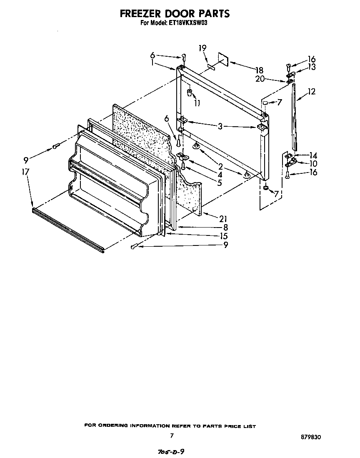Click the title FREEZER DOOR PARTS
pyautogui.click(x=175, y=13)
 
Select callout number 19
pyautogui.click(x=202, y=48)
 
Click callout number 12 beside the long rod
pyautogui.click(x=311, y=92)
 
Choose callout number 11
pyautogui.click(x=197, y=103)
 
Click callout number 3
pyautogui.click(x=220, y=126)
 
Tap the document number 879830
pyautogui.click(x=311, y=438)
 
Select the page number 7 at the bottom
pyautogui.click(x=171, y=435)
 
